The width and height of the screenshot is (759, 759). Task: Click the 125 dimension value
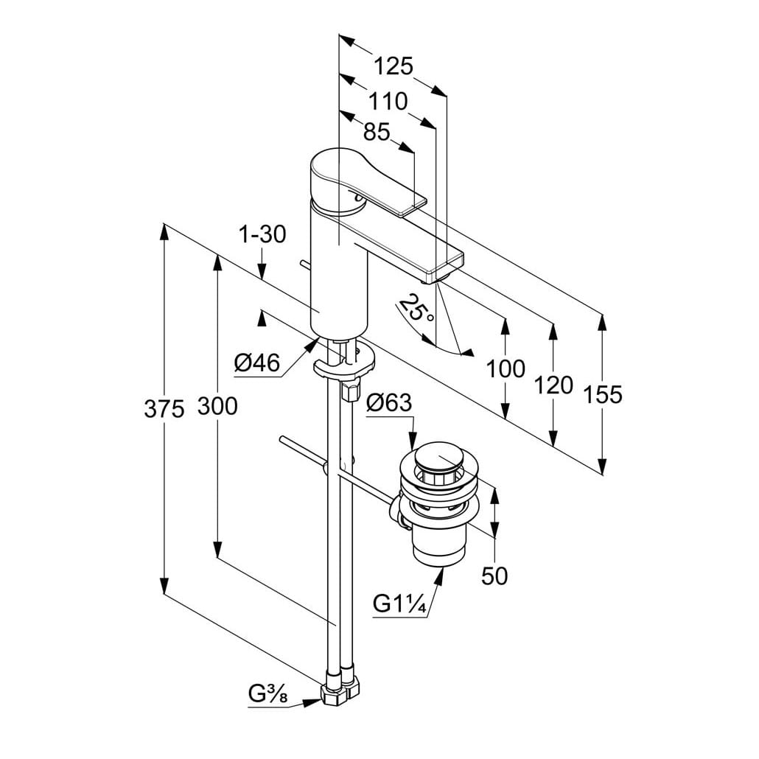[x=393, y=66]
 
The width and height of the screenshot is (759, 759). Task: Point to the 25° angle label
[x=416, y=307]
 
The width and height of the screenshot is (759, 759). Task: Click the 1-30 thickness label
[x=262, y=234]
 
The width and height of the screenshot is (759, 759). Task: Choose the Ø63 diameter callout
[x=389, y=403]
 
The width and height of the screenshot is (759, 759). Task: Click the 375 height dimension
[x=164, y=408]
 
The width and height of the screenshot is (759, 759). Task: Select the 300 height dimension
[x=217, y=405]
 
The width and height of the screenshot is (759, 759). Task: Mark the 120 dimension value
[x=553, y=384]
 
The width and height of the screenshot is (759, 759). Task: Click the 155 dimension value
[x=603, y=394]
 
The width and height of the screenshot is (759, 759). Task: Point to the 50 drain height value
[x=495, y=576]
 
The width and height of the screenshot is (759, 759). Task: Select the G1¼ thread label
[x=399, y=604]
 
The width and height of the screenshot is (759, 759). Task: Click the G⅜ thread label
[x=267, y=694]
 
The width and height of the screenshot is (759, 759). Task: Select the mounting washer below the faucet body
[x=344, y=363]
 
